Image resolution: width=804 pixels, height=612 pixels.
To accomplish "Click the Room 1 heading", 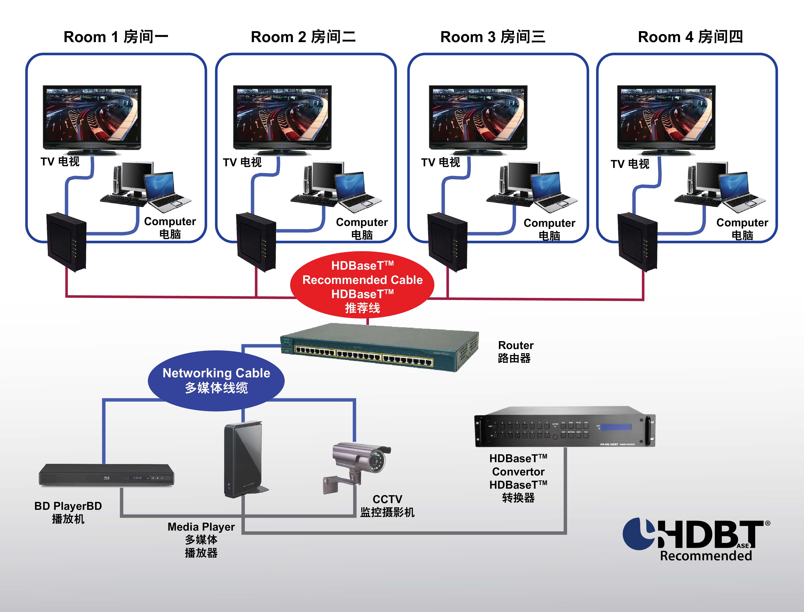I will tap(116, 37).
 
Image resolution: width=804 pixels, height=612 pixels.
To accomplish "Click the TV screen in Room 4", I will tap(666, 116).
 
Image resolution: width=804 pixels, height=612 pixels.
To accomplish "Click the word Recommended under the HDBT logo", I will tap(706, 556).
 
